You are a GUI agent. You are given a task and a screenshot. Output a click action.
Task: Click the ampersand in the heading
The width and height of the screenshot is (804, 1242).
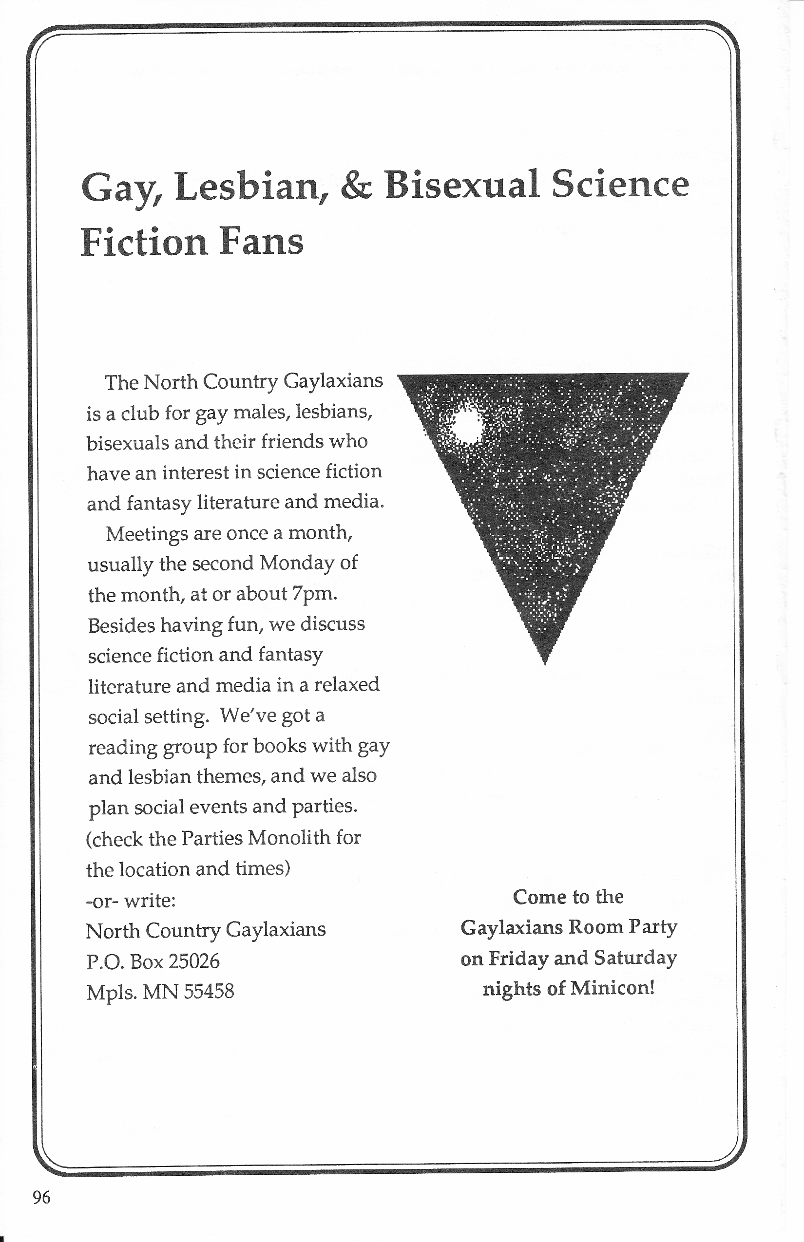pos(357,186)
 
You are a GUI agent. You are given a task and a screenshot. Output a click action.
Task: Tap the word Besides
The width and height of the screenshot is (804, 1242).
pos(121,624)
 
